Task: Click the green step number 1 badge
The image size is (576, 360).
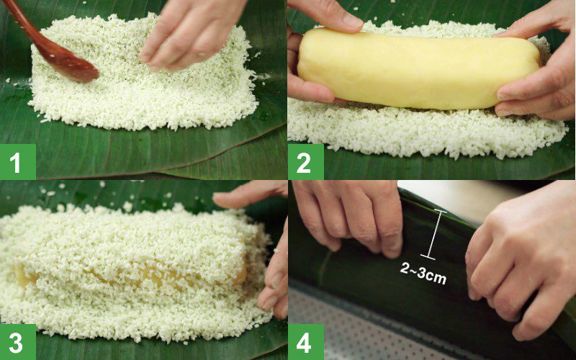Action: point(17,162)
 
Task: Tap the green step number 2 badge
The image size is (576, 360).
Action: point(305,162)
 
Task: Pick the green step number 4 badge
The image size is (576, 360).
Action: point(305,342)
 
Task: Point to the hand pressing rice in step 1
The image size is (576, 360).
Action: point(191,32)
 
